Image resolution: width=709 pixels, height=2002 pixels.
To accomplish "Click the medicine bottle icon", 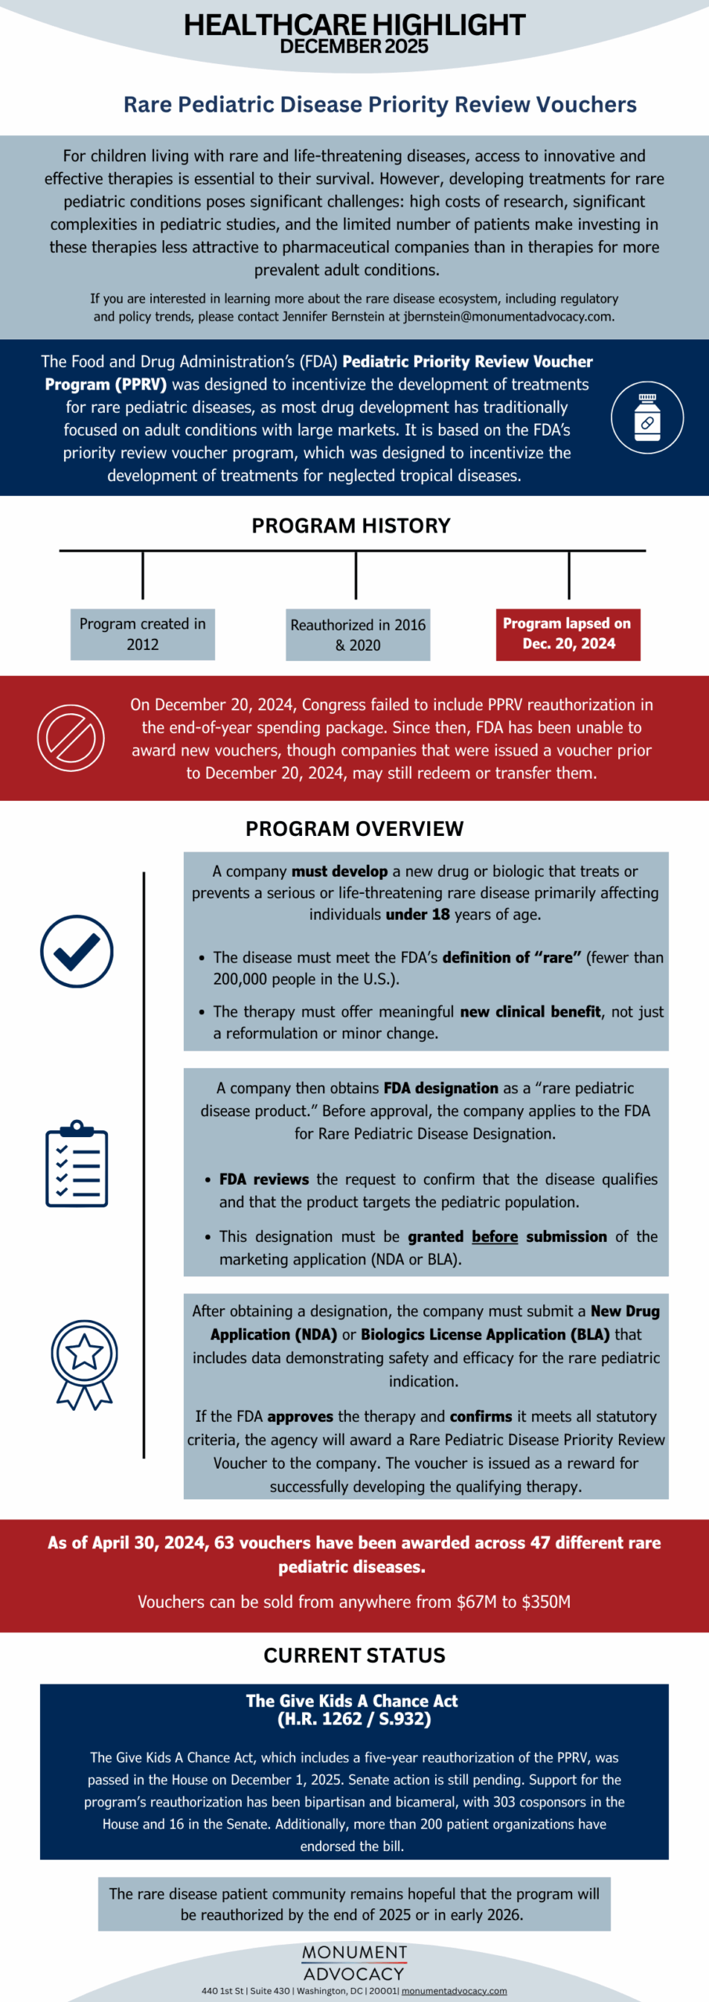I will coord(647,418).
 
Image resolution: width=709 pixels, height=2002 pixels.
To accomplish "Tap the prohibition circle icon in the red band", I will coord(70,737).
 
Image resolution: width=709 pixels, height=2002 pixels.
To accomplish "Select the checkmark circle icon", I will coord(77,951).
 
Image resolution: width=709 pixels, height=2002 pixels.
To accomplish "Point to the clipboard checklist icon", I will coord(77,1164).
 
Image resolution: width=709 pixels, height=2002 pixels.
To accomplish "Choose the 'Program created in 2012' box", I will coord(142,634).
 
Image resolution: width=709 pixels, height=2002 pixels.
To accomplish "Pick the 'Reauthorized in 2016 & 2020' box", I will coord(358,635).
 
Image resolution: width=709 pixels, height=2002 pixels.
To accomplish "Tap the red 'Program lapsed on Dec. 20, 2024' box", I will coord(567,634).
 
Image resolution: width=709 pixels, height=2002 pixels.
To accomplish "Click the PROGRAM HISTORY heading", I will coord(351,526).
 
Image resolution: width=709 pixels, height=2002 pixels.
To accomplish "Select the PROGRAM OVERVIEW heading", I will coord(354,829).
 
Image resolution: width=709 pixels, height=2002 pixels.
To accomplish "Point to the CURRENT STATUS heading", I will coord(354,1656).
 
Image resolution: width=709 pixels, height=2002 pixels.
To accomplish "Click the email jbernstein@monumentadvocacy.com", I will coord(508,317).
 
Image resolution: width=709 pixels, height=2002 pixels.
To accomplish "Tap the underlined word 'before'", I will coord(495,1236).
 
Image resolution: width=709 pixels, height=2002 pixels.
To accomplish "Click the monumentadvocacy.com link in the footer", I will coord(454,1990).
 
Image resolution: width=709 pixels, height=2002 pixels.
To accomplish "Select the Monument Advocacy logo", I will coord(354,1963).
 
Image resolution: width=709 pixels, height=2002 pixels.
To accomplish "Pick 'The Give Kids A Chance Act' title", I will coord(352,1701).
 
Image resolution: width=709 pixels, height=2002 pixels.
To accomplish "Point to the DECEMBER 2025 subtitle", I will coord(354,46).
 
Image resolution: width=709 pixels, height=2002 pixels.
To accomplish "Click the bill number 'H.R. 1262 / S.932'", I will coord(354,1719).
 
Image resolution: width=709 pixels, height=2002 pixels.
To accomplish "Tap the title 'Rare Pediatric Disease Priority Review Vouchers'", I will coord(380,105).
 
